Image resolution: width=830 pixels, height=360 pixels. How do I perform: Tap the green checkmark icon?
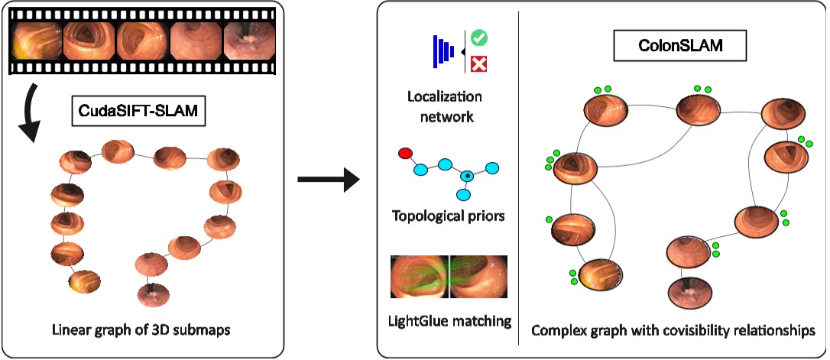click(480, 37)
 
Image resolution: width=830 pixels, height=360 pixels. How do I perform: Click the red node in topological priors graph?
click(405, 154)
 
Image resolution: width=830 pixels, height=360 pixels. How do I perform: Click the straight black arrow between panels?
click(328, 180)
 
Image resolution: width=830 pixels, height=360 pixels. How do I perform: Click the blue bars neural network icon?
click(443, 50)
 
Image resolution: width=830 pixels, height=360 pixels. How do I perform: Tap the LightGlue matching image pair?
click(449, 277)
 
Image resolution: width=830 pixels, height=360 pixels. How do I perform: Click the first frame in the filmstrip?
click(36, 40)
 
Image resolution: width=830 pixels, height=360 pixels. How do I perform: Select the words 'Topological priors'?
click(448, 216)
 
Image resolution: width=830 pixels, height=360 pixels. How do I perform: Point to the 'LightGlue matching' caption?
click(449, 319)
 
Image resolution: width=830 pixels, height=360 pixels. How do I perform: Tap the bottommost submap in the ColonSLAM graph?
click(691, 292)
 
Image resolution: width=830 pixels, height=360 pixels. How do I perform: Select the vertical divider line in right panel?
click(519, 176)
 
